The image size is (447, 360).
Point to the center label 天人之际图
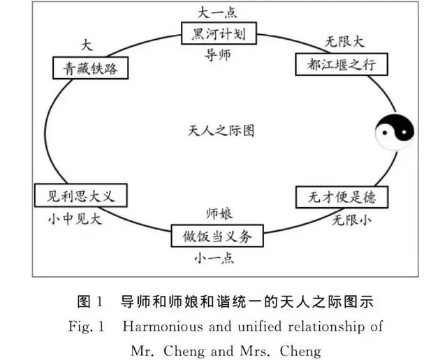[x=220, y=130]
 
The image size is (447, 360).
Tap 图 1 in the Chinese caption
[x=90, y=302]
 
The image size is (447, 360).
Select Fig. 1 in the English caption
[x=86, y=327]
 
